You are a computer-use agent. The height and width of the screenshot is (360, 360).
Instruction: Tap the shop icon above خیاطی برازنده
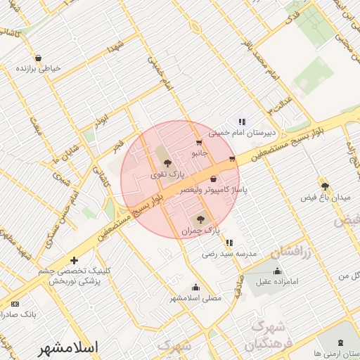[37, 58]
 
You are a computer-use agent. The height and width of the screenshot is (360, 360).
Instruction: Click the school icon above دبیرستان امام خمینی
[242, 121]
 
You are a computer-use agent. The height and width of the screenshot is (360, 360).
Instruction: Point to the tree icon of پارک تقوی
[167, 162]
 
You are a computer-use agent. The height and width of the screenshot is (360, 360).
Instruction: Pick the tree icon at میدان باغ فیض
[325, 186]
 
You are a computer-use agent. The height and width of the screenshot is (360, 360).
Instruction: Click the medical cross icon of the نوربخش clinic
[74, 261]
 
